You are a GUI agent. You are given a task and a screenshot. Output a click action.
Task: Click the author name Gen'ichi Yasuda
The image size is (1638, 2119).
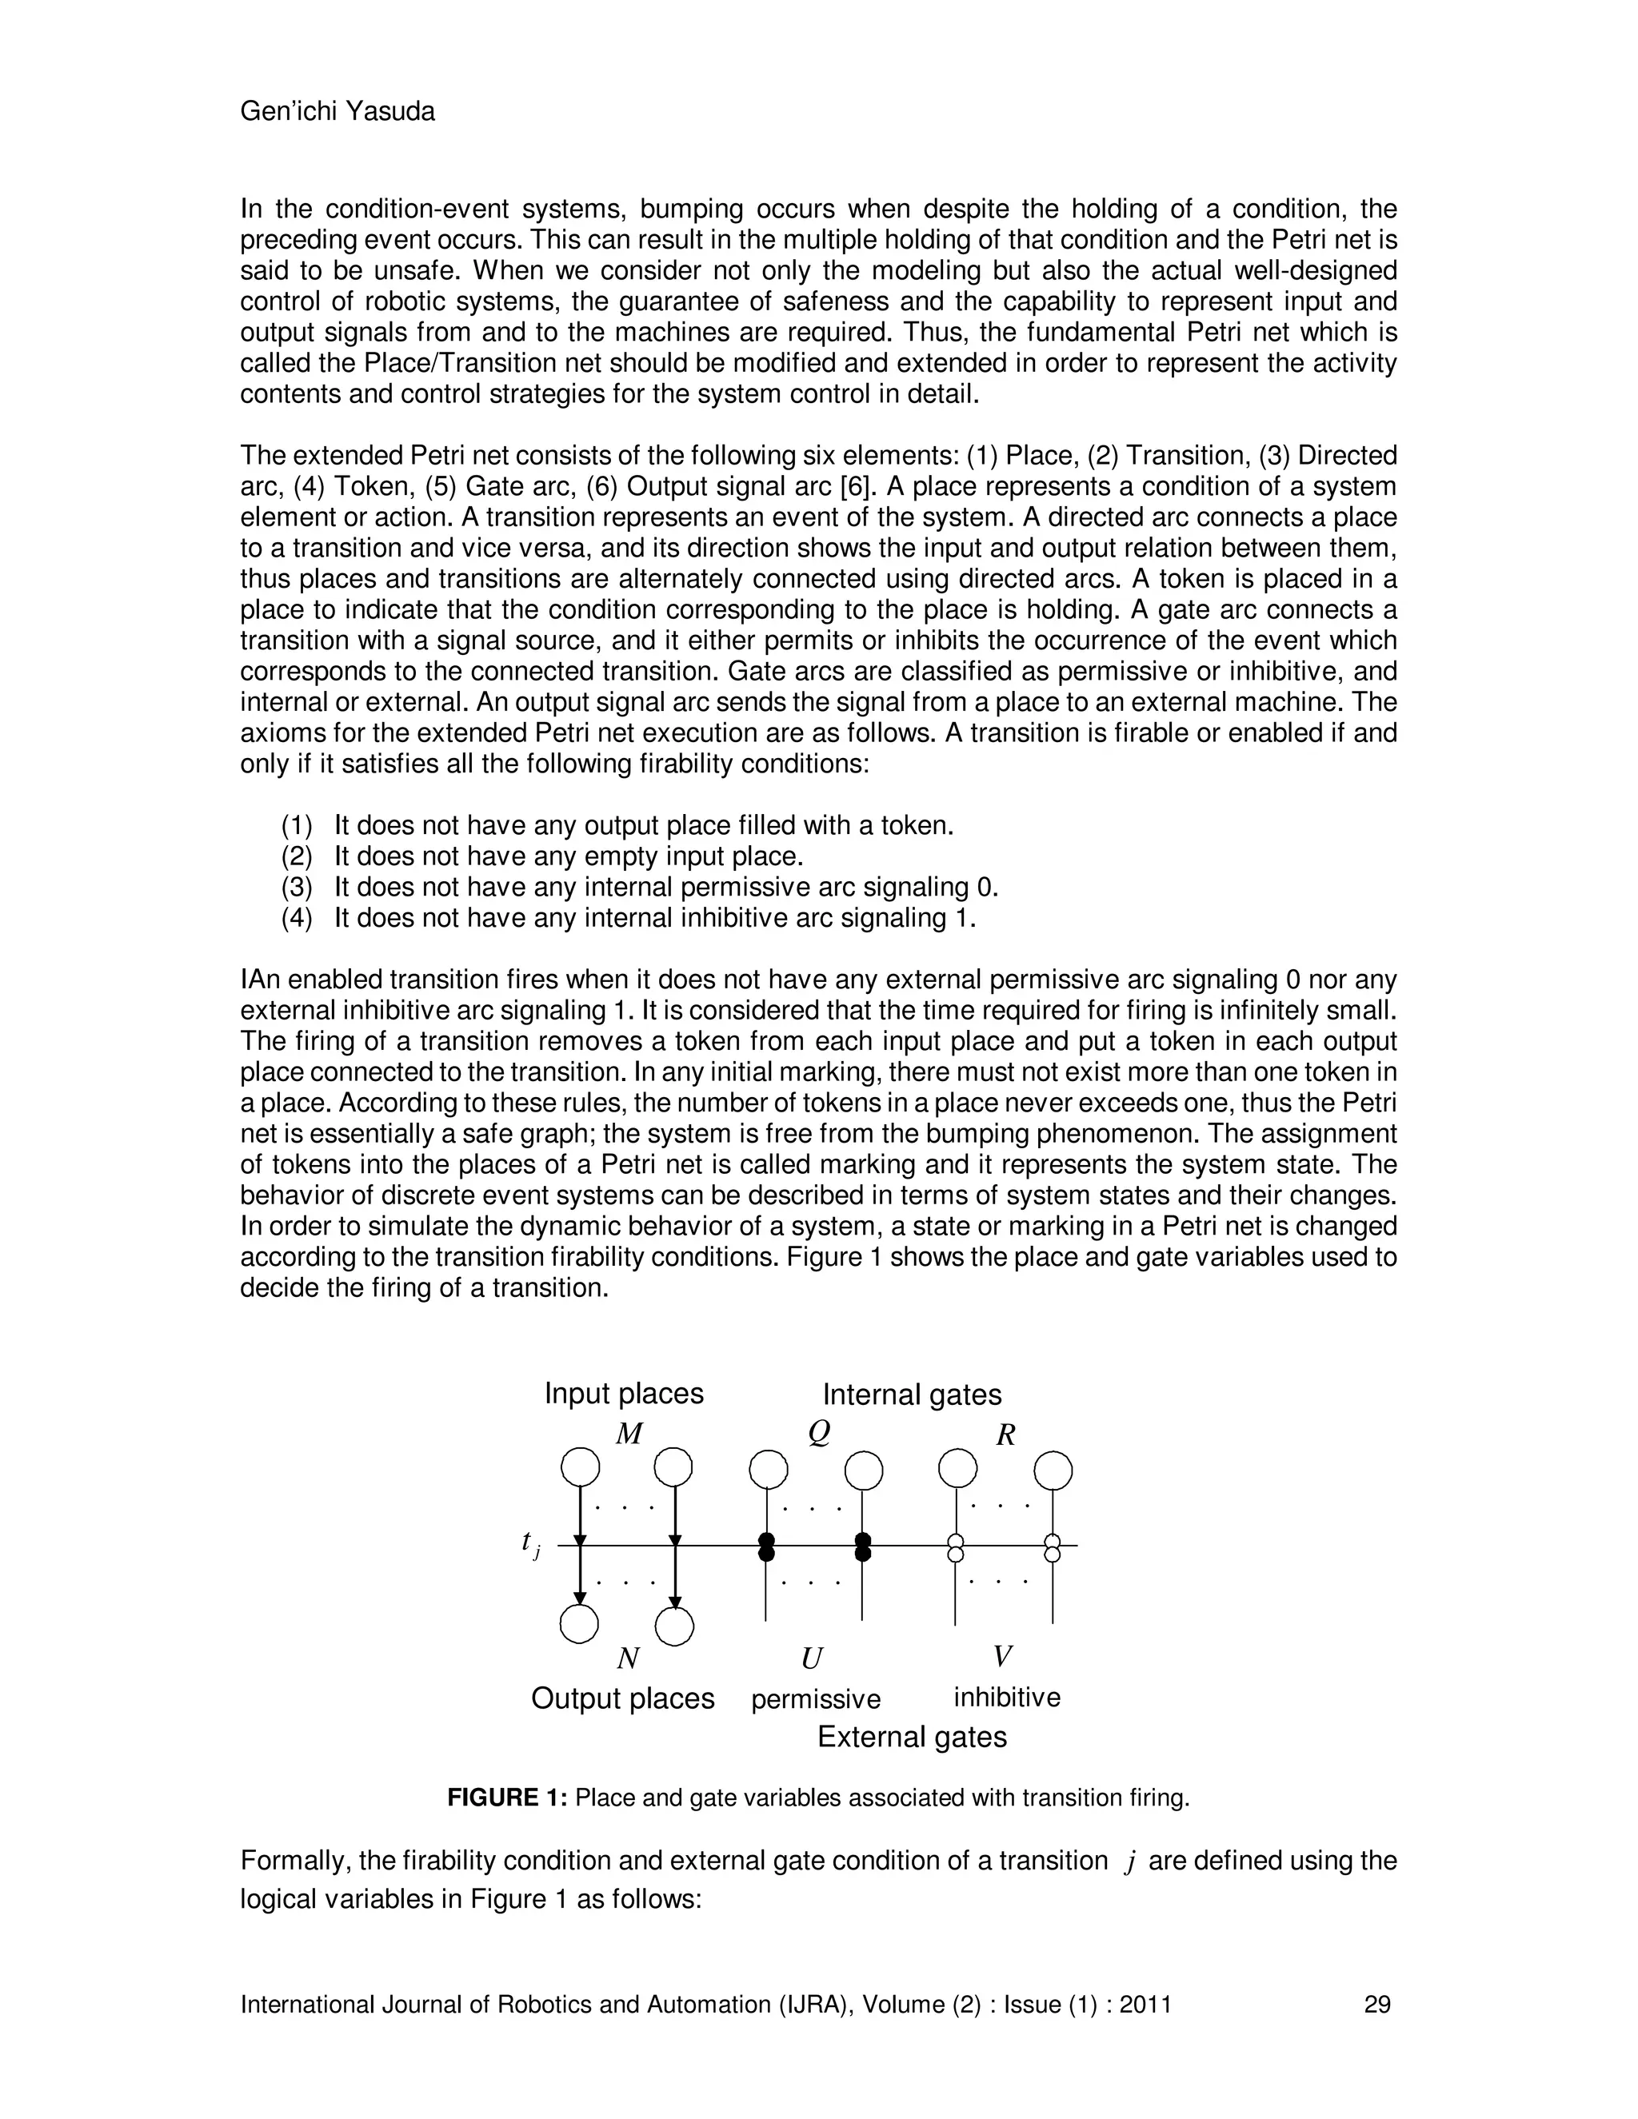337,112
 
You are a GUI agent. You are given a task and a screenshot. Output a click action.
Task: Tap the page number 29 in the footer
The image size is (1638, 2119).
1377,2004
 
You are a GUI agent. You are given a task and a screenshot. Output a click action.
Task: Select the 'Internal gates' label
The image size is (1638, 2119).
911,1395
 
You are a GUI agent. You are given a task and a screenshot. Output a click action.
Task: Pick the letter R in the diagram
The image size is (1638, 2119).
1005,1435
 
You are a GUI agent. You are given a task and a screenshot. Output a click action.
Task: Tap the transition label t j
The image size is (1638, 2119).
529,1542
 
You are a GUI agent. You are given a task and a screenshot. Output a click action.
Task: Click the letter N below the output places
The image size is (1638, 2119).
628,1658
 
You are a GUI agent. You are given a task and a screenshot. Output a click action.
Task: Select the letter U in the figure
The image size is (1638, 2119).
811,1659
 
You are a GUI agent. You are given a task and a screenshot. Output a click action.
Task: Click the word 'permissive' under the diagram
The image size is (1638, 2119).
815,1699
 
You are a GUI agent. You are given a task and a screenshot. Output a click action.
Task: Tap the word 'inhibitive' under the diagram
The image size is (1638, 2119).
1006,1697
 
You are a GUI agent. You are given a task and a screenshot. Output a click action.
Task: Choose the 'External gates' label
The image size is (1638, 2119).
911,1737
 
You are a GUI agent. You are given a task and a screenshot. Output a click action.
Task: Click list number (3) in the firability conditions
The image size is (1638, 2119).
297,887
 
